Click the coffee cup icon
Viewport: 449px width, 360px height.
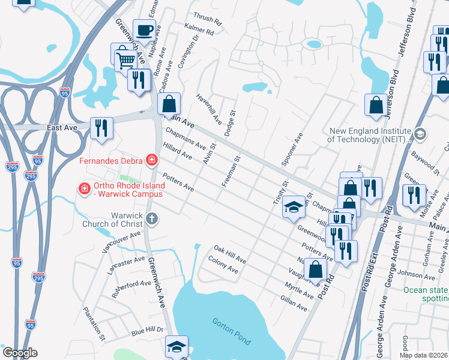point(144,30)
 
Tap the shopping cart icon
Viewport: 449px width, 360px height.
point(125,59)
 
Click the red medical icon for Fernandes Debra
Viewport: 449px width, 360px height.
point(152,160)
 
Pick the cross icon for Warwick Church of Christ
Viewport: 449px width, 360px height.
point(152,218)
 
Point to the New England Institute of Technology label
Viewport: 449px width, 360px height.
point(369,135)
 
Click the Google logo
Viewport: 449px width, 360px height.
point(19,353)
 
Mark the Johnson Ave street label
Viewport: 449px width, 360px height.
point(417,275)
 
